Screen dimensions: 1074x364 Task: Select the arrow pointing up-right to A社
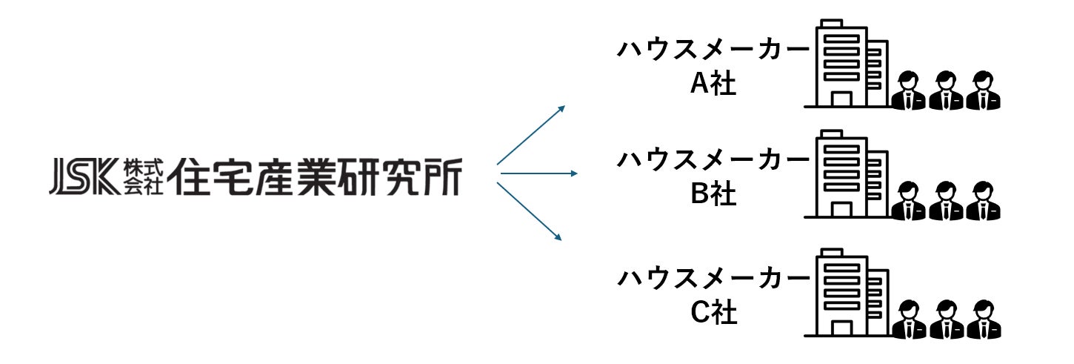[530, 135]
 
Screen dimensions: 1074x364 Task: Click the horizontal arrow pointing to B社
[538, 174]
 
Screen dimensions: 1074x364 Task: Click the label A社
[713, 84]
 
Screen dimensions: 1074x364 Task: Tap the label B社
[713, 196]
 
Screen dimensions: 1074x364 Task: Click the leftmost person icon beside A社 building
[909, 90]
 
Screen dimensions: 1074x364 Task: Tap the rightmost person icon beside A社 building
[982, 90]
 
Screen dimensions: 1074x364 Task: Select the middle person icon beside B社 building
[946, 202]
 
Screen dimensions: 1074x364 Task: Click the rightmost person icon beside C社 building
[982, 320]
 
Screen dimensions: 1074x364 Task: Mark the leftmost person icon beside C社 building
[909, 320]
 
